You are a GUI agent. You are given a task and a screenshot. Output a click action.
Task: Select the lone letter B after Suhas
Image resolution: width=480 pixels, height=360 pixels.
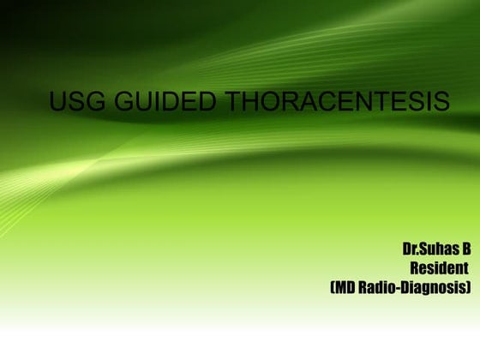[466, 250]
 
